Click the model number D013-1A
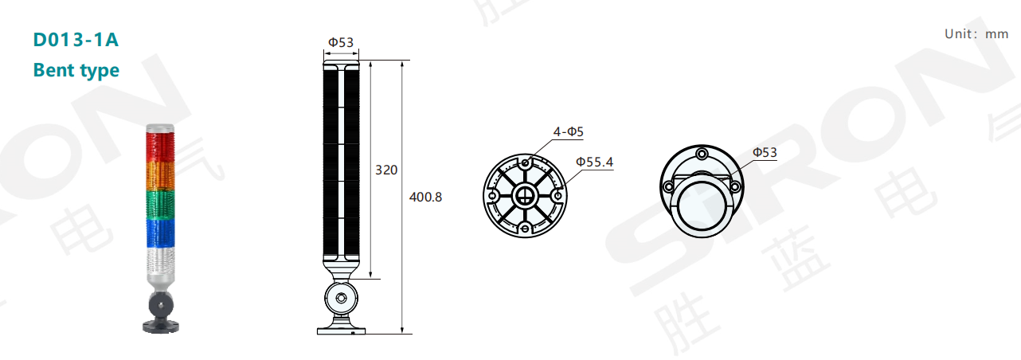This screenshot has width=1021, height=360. click(x=76, y=40)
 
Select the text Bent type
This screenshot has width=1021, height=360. click(x=76, y=70)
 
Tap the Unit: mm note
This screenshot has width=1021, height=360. click(x=976, y=34)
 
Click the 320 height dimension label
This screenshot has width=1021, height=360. click(x=386, y=170)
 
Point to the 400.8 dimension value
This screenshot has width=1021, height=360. click(x=425, y=197)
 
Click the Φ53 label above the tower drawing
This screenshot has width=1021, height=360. click(x=341, y=42)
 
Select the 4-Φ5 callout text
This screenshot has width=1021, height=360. click(x=569, y=131)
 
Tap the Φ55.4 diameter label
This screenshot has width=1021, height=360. click(x=594, y=162)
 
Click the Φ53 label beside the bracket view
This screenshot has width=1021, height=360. click(x=765, y=152)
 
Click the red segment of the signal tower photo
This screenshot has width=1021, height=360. click(x=160, y=147)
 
